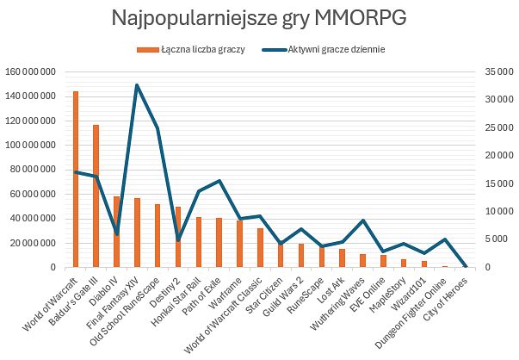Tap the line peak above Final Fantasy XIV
click(137, 85)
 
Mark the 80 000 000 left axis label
click(33, 170)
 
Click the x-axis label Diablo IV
click(102, 289)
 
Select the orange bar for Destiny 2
click(178, 237)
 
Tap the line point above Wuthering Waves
click(362, 220)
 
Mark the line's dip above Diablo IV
click(116, 233)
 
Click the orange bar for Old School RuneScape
click(158, 235)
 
